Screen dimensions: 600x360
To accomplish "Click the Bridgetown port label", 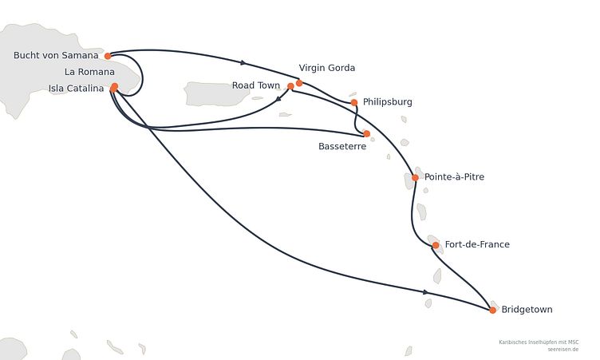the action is pos(527,310).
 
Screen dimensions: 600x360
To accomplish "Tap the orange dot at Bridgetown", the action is pos(493,311).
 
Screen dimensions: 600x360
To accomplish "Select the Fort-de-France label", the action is pos(477,244).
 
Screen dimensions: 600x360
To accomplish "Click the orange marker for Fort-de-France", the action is pos(436,245).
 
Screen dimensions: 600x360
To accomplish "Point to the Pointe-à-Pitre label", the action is pos(454,177).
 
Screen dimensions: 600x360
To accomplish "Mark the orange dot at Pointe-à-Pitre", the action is pos(415,178).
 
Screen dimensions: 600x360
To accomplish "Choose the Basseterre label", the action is pos(342,146).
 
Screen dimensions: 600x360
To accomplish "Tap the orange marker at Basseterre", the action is pos(366,133).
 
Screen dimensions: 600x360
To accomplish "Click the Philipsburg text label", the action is pos(388,102).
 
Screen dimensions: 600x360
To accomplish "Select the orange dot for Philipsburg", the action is pos(354,103).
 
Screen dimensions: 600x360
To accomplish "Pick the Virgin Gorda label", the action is pos(327,68).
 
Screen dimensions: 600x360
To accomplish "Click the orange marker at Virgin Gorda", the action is pos(299,83).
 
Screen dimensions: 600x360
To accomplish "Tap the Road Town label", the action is pos(256,85).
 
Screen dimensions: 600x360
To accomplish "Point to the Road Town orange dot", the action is pos(290,86).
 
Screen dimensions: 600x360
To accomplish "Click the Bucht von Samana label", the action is pos(56,55).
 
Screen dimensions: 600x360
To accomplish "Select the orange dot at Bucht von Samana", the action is pos(108,57).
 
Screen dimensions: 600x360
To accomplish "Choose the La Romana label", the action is pos(89,72).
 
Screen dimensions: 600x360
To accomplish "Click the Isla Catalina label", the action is pos(76,89).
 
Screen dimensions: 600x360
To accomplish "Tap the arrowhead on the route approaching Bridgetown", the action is pos(425,292).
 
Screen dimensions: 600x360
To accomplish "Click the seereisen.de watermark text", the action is pos(562,350).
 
